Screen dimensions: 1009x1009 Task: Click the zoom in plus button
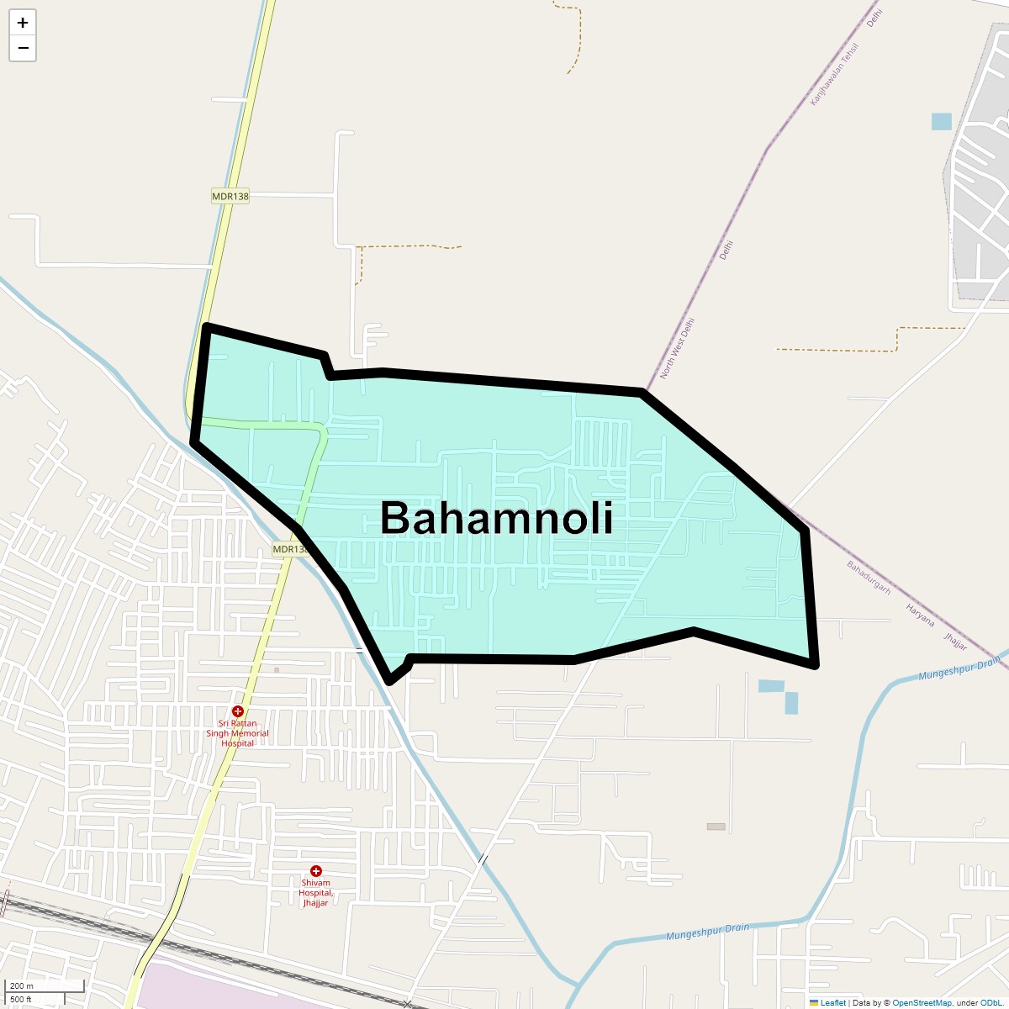(x=23, y=23)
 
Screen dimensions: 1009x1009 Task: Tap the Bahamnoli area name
(x=496, y=518)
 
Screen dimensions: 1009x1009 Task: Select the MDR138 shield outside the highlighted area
(x=230, y=197)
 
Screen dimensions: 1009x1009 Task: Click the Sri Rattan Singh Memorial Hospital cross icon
(x=238, y=711)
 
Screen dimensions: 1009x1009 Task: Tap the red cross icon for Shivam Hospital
(x=316, y=871)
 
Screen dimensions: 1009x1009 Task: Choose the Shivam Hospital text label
(x=316, y=893)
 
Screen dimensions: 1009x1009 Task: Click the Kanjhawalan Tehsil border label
(x=833, y=74)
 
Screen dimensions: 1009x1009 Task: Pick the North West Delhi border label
(x=678, y=348)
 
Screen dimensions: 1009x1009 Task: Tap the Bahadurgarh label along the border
(x=869, y=578)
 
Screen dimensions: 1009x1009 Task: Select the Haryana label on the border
(x=920, y=615)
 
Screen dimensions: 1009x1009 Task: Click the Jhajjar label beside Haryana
(x=956, y=642)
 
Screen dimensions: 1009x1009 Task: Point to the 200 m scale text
(x=22, y=985)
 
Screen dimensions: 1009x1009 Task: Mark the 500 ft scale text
(x=21, y=999)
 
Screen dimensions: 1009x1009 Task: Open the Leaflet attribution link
(x=832, y=1002)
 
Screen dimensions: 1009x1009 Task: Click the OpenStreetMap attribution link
(x=922, y=1002)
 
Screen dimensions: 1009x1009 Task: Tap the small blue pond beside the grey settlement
(x=941, y=121)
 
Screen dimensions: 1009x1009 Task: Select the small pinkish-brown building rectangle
(x=716, y=827)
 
